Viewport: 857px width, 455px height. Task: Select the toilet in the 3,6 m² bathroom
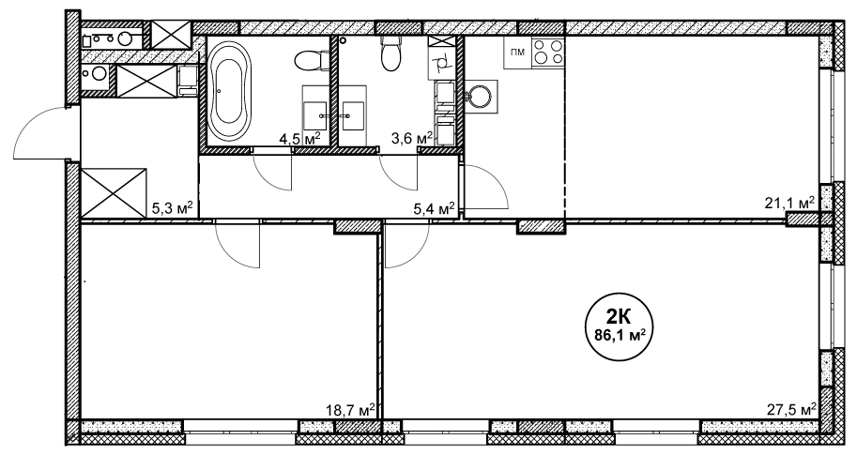390,54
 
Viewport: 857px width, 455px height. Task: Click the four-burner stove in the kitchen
548,53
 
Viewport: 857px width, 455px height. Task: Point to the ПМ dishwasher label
517,53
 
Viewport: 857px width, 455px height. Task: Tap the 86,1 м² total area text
620,334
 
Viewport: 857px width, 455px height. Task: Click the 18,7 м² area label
350,410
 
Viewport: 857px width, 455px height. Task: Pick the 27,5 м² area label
792,410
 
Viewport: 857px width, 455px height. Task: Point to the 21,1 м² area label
789,204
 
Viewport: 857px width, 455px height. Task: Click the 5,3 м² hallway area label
172,207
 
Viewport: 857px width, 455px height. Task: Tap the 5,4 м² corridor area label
434,207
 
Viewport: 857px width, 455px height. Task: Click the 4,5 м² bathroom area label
299,139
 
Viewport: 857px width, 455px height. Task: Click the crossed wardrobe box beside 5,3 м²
114,193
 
